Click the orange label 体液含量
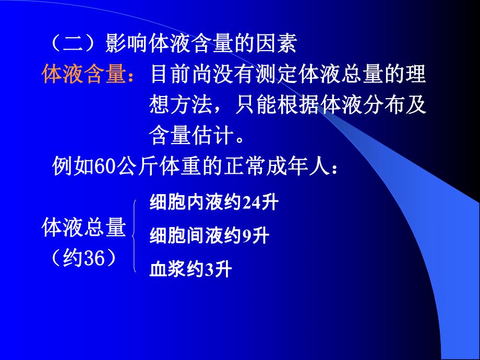[83, 74]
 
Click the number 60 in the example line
[96, 168]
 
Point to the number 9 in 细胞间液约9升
[247, 236]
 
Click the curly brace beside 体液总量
[135, 236]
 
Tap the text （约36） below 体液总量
[83, 257]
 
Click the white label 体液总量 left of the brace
[83, 228]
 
